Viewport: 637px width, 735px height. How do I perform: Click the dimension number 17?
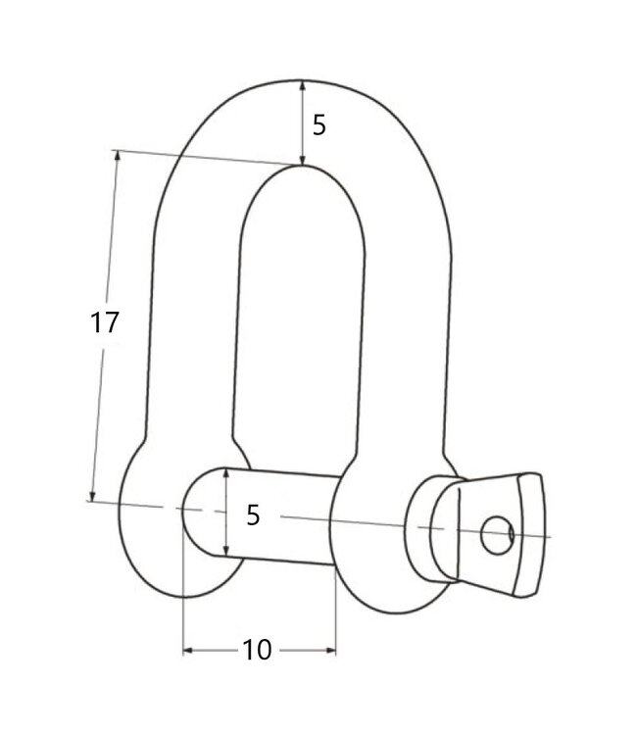point(105,322)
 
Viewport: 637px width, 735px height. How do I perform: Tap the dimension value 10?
point(258,650)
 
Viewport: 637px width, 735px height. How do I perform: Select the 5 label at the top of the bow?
point(318,125)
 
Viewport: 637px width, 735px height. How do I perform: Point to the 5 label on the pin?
point(253,514)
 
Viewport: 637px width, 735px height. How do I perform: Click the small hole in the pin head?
point(496,534)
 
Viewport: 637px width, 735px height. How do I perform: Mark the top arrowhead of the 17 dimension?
point(118,157)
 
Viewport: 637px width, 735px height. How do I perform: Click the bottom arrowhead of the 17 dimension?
point(94,496)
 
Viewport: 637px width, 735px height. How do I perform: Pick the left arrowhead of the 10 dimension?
point(189,649)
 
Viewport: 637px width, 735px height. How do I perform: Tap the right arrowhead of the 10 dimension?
point(330,649)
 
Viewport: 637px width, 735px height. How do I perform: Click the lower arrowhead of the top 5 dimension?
point(303,159)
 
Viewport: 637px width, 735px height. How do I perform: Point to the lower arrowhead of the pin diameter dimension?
point(226,552)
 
